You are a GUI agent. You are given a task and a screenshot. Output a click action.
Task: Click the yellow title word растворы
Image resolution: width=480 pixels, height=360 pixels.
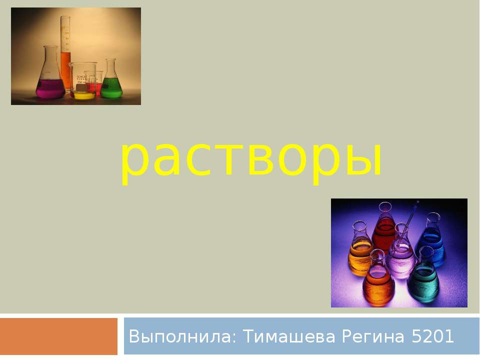coord(251,159)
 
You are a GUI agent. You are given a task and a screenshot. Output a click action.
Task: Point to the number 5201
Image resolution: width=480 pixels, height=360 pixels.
coord(433,337)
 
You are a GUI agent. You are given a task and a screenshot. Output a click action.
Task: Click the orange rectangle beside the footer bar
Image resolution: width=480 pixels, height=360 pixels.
coord(58,336)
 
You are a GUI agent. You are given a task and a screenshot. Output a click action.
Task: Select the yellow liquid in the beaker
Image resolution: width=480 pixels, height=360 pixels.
coord(83,94)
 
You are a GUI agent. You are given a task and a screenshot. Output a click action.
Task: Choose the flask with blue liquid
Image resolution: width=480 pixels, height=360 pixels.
coord(431,242)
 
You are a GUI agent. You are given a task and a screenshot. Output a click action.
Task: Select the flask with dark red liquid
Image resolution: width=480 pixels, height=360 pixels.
coord(384,230)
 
